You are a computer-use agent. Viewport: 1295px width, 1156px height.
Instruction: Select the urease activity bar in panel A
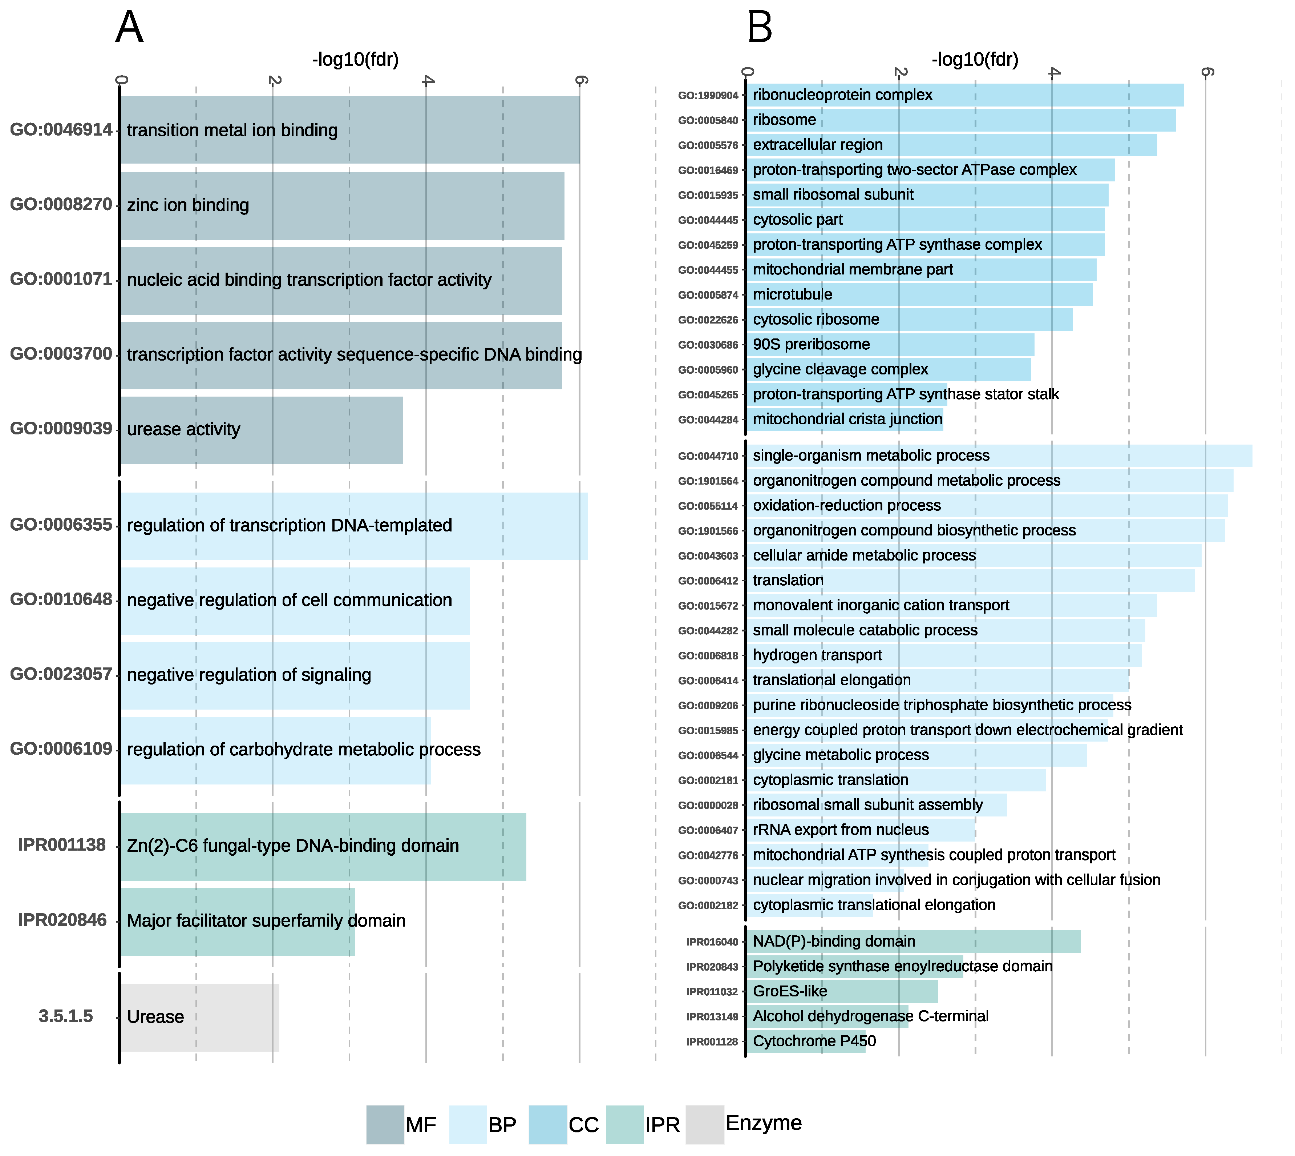point(262,430)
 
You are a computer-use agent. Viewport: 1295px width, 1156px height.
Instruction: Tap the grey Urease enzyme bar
point(200,1017)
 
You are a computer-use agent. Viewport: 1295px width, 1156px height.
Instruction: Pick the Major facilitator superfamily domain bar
point(238,921)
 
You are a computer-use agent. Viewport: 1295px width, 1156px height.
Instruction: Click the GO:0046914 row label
point(61,129)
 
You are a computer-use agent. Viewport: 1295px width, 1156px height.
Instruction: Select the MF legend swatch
point(385,1124)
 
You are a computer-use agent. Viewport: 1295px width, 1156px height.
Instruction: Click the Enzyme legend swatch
point(705,1124)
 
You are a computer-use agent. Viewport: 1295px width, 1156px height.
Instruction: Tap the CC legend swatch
point(547,1124)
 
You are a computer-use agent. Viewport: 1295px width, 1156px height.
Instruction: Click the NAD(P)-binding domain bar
point(913,941)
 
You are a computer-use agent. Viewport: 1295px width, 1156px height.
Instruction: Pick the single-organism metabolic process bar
point(999,456)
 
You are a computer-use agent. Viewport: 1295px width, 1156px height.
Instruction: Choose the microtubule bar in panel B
point(919,295)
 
